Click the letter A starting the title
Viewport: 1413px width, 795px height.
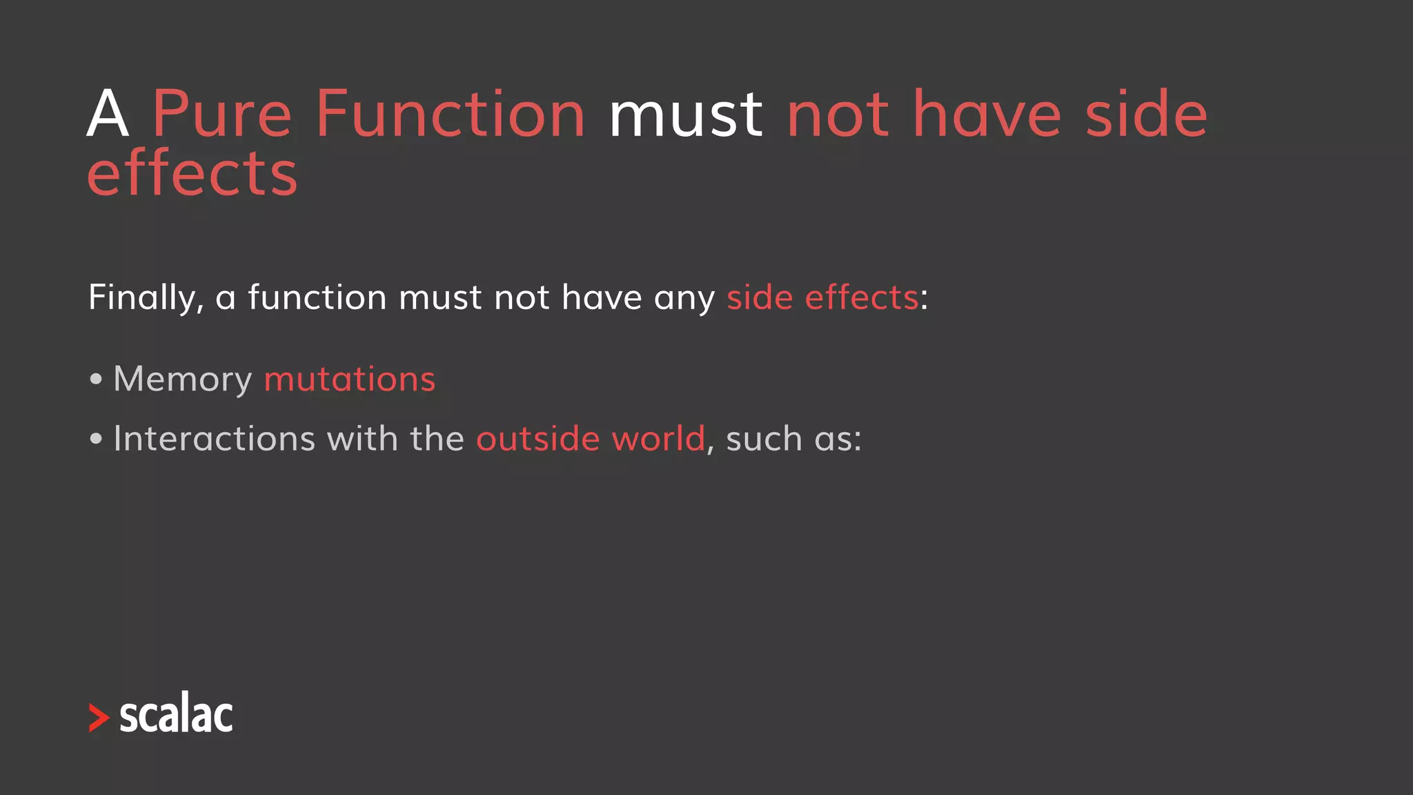click(x=108, y=115)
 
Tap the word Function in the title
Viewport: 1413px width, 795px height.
click(x=451, y=115)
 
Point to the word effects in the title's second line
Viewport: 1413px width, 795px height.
click(x=192, y=174)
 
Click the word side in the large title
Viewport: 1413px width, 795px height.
click(x=1146, y=115)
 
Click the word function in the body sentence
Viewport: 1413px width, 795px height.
click(x=317, y=297)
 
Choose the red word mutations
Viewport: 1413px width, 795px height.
click(x=350, y=380)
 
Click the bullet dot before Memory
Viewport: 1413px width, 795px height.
click(x=96, y=379)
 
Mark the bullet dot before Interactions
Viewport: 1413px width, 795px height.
click(x=96, y=439)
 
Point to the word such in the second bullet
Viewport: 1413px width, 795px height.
click(x=764, y=439)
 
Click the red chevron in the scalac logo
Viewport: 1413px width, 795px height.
click(x=99, y=718)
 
